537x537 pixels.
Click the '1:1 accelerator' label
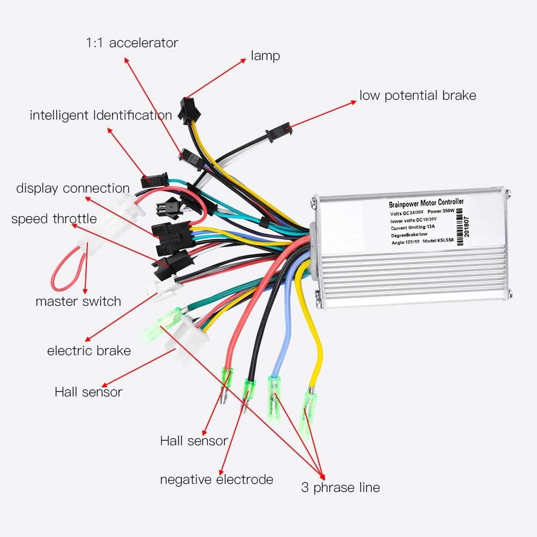point(131,43)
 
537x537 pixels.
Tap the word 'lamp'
point(265,56)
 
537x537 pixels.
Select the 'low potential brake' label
point(417,95)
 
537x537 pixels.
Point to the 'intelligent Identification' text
point(101,115)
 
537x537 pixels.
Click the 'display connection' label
point(73,188)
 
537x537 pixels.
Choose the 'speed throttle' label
point(54,219)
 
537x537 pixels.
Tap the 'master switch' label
point(78,301)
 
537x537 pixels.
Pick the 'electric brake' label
point(89,351)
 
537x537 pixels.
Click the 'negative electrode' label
point(217,479)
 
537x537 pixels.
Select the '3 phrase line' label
point(340,488)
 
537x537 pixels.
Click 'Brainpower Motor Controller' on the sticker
point(425,203)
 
